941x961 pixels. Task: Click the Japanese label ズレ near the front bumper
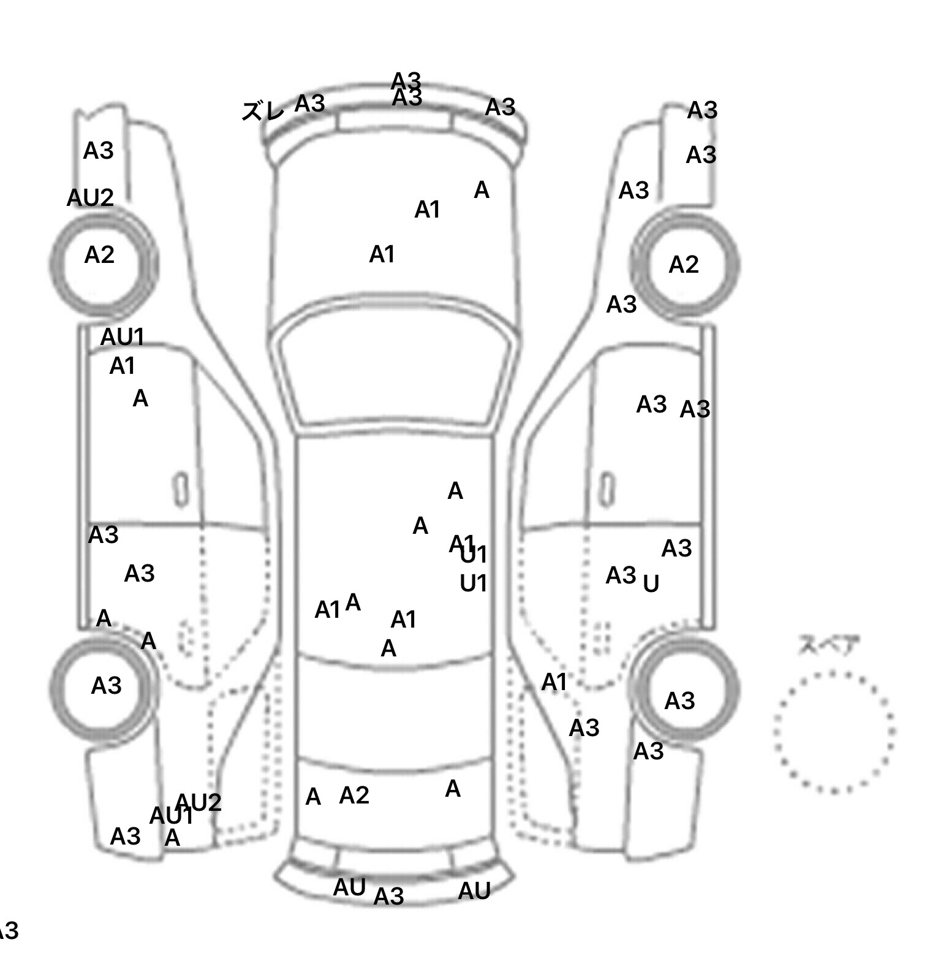click(x=263, y=111)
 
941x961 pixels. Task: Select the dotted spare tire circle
click(x=834, y=731)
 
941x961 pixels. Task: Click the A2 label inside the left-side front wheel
click(x=99, y=255)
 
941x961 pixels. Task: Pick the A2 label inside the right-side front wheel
click(x=684, y=265)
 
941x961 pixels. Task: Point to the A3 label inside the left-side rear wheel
click(x=106, y=686)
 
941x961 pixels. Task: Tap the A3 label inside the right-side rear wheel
click(x=679, y=701)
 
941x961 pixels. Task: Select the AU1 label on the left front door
click(x=123, y=336)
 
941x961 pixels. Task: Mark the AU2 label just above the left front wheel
click(x=90, y=198)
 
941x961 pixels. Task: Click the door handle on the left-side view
click(x=181, y=489)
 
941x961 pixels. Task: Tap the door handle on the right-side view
click(x=606, y=489)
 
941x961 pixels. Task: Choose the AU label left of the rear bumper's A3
click(x=349, y=887)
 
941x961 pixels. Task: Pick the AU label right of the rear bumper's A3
click(x=474, y=891)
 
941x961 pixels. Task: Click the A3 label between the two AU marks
click(x=389, y=897)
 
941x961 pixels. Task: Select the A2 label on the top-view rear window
click(x=354, y=796)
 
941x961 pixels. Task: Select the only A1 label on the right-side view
click(x=554, y=682)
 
